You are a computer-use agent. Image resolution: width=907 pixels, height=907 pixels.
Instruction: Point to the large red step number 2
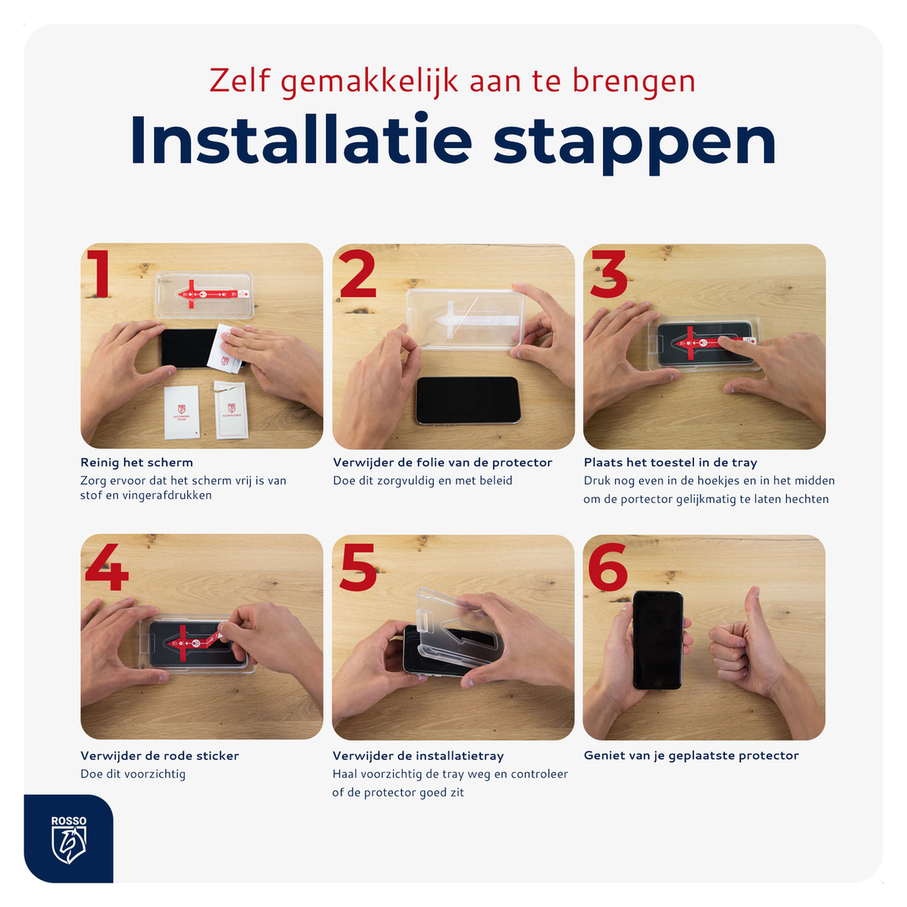tap(358, 275)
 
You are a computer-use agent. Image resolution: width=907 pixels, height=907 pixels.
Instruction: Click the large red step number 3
tap(609, 275)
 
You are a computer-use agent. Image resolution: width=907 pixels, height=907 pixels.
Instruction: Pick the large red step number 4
tap(107, 567)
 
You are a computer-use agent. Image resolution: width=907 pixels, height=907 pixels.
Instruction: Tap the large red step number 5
tap(358, 567)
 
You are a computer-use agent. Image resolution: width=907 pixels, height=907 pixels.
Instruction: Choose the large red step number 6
tap(608, 567)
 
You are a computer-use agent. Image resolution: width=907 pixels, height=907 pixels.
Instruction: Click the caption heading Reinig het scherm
tap(137, 463)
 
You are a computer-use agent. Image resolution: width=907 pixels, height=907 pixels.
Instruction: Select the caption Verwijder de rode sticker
tap(160, 756)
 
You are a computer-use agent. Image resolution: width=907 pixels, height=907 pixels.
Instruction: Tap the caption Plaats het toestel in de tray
tap(670, 463)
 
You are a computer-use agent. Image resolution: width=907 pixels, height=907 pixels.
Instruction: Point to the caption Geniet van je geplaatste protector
tap(691, 756)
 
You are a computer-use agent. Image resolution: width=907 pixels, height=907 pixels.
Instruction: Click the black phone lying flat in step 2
tap(468, 400)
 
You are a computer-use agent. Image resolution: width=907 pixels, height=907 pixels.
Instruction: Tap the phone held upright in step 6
tap(658, 641)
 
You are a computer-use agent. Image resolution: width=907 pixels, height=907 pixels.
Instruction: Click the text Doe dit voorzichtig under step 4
tap(133, 774)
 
